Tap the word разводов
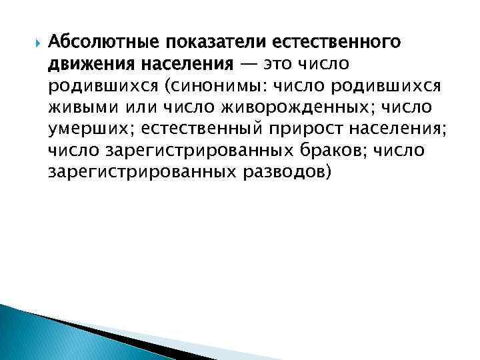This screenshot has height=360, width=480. pyautogui.click(x=287, y=172)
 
